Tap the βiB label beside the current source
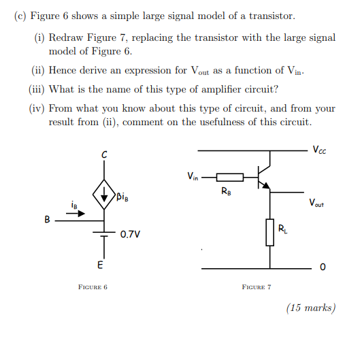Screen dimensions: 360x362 point(124,198)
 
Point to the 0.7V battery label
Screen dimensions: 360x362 point(130,235)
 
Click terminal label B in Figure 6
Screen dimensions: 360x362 point(47,220)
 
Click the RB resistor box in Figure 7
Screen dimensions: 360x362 point(229,178)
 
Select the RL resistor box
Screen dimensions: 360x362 point(270,231)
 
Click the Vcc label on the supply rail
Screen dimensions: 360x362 point(319,150)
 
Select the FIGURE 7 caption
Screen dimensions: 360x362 point(257,287)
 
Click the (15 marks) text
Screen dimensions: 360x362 point(311,308)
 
